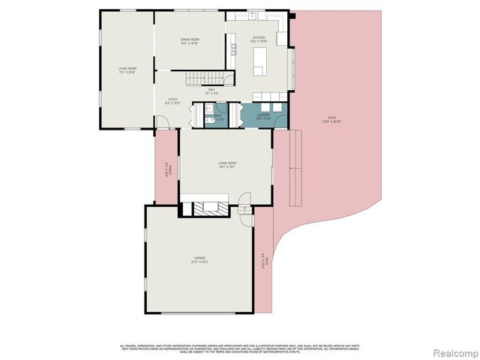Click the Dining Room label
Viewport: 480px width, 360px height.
click(189, 40)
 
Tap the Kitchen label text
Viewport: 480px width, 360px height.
click(259, 39)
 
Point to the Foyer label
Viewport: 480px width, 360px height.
click(172, 100)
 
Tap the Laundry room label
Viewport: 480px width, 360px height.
click(263, 117)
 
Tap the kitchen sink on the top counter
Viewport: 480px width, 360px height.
click(253, 17)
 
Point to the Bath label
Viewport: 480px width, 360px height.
click(217, 117)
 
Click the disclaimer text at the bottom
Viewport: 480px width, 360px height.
click(240, 347)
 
